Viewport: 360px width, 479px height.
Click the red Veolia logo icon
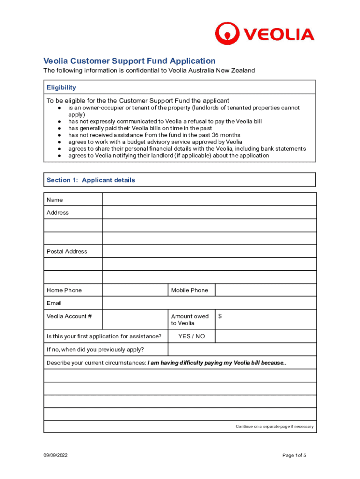(227, 34)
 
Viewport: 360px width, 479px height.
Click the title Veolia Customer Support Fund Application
(130, 61)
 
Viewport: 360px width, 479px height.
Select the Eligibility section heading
(61, 87)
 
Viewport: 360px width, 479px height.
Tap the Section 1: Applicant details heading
(91, 180)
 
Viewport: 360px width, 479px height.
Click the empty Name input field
(209, 200)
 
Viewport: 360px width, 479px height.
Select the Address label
(58, 212)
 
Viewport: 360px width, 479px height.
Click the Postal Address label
(67, 251)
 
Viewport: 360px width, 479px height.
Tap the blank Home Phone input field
(135, 290)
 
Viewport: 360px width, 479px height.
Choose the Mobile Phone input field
(265, 290)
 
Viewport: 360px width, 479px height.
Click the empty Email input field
(209, 303)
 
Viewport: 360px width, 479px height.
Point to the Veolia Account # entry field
(135, 319)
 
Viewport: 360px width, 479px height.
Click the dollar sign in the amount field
(220, 317)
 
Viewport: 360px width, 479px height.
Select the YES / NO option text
(191, 336)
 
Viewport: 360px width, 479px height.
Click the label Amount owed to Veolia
(190, 319)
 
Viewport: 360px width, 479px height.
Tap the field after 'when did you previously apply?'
(242, 349)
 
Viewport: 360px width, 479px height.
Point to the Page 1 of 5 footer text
(294, 456)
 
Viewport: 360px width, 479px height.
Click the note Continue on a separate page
(274, 427)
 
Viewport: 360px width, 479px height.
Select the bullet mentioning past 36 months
(154, 135)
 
